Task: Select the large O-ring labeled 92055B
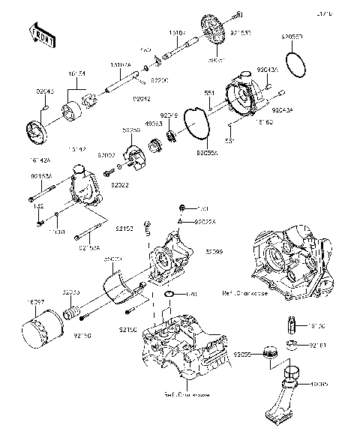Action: tap(296, 56)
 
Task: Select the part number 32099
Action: tap(213, 252)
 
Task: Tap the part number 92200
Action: tap(160, 77)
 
